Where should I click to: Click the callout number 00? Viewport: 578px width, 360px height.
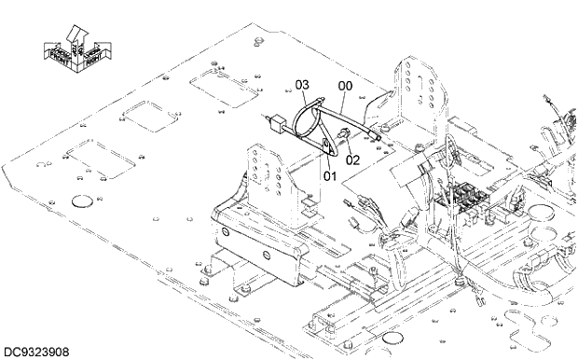(x=345, y=86)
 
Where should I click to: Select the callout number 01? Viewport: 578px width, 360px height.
(x=329, y=174)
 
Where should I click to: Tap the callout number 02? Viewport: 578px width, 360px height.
(x=352, y=159)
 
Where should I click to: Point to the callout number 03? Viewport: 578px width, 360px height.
(x=302, y=85)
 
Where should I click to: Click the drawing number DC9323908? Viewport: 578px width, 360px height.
(x=38, y=353)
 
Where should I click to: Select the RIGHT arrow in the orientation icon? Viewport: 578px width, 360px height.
(x=91, y=58)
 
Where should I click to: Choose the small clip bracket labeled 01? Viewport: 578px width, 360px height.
(x=325, y=146)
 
